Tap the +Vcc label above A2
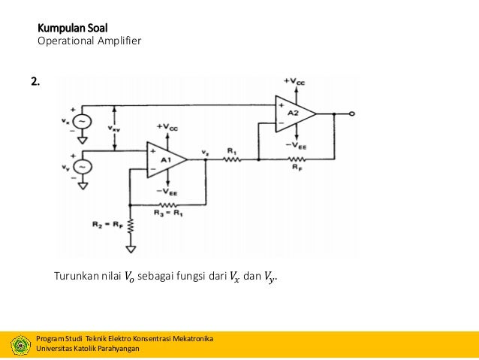click(294, 80)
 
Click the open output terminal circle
click(351, 113)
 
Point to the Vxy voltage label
click(113, 128)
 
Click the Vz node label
click(205, 153)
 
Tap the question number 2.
click(36, 81)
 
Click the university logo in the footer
click(20, 344)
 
